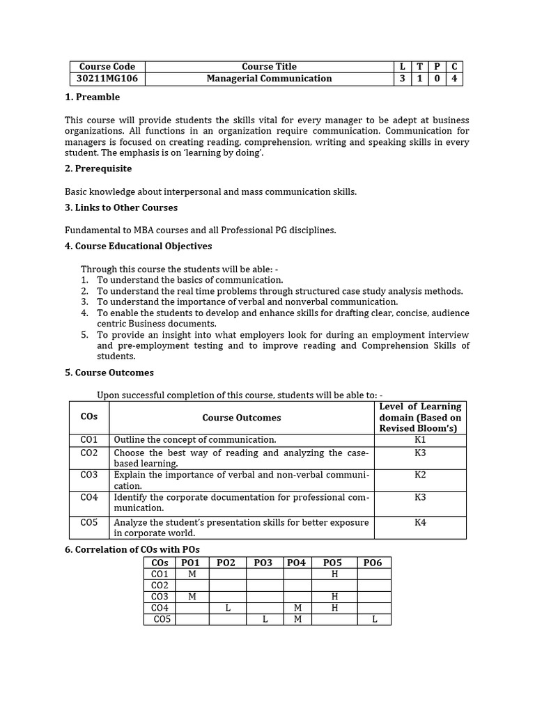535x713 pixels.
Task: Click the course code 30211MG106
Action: (x=107, y=79)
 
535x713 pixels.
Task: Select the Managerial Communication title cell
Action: (x=269, y=79)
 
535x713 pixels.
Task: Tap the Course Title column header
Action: (x=269, y=67)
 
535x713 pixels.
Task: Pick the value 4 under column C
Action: (x=454, y=79)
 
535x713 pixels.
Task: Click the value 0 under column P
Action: (x=437, y=79)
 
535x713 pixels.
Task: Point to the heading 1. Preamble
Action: (x=92, y=97)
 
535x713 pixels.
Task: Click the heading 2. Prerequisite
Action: (x=98, y=169)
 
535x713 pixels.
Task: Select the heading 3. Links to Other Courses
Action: (x=121, y=207)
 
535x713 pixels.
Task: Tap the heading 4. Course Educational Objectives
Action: (x=139, y=246)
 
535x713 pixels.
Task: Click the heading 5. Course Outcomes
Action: (x=109, y=373)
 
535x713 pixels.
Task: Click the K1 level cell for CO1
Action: (x=420, y=440)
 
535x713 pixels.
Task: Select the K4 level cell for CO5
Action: (x=420, y=522)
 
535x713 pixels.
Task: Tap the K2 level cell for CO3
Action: (x=420, y=475)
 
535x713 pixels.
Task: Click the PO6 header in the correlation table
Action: (x=373, y=563)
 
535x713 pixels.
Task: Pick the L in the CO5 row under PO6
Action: (x=374, y=620)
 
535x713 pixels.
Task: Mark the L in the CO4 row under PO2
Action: (x=228, y=608)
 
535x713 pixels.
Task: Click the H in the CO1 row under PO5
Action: (x=334, y=574)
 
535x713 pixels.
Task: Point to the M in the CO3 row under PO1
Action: (x=192, y=597)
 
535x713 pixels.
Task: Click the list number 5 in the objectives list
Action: (x=84, y=335)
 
